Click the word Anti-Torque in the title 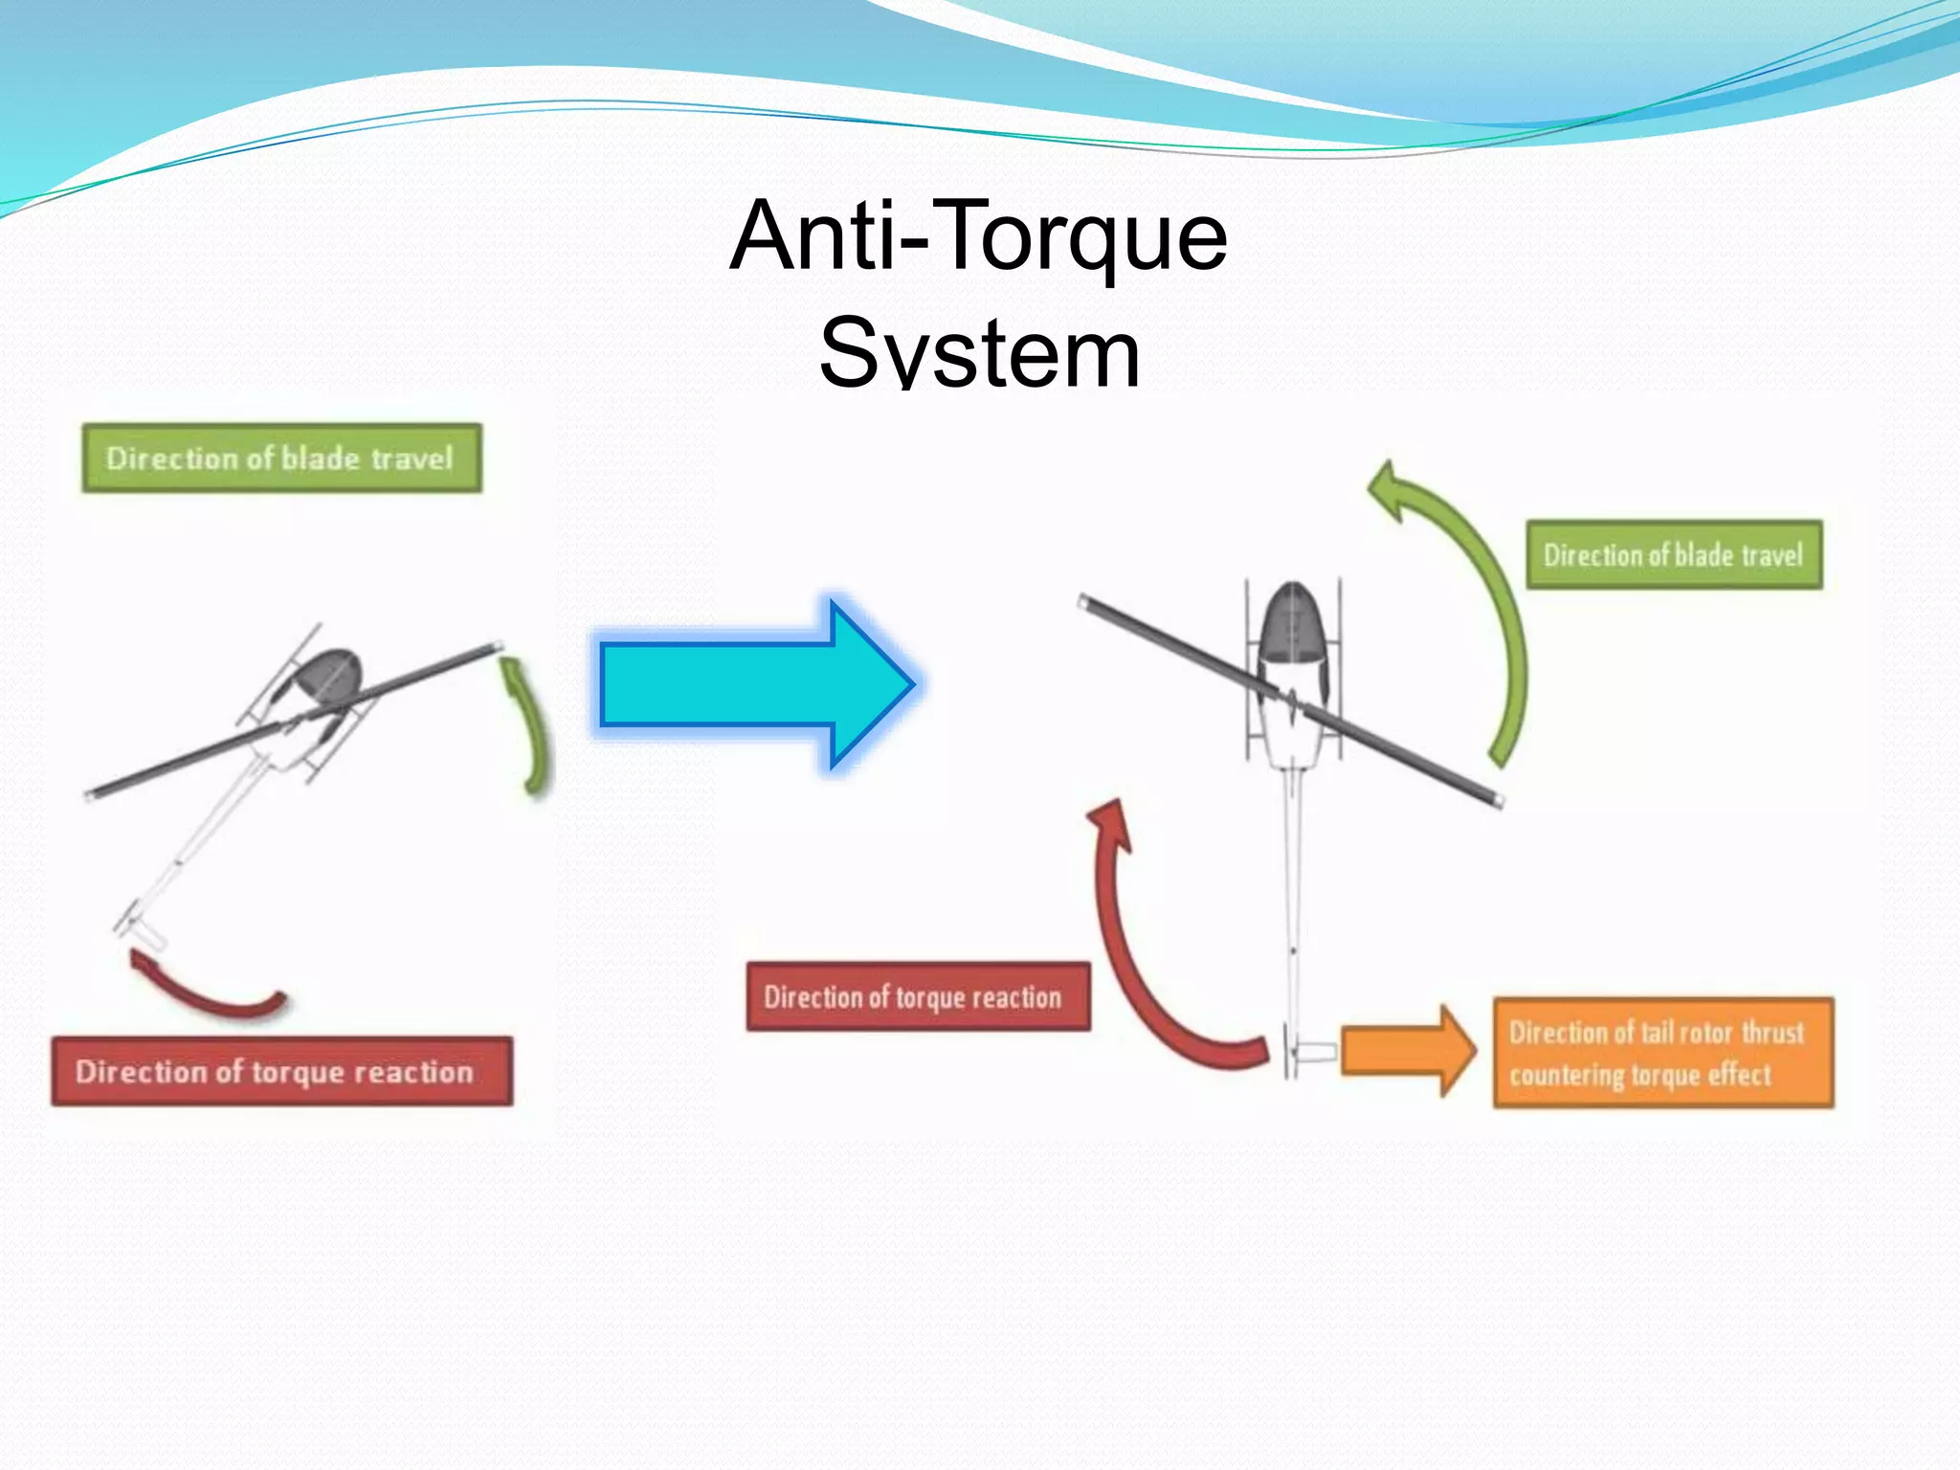coord(978,236)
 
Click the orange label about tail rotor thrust coord(1663,1053)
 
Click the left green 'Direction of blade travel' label coord(281,458)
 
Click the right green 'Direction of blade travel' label coord(1674,555)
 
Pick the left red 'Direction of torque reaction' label coord(281,1072)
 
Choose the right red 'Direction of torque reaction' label coord(918,997)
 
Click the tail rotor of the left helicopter coord(139,926)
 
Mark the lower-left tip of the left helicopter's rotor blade coord(91,794)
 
